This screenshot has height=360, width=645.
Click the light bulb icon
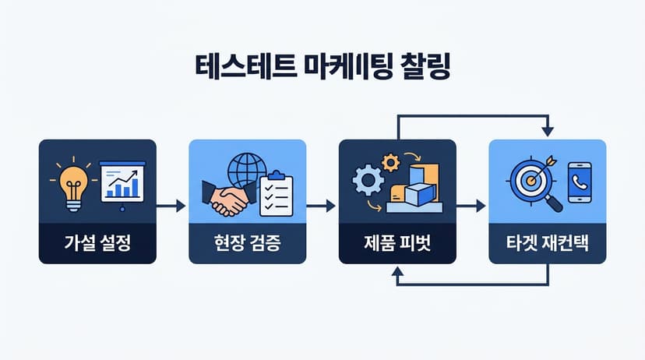tap(74, 187)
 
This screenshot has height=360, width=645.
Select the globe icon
tap(247, 171)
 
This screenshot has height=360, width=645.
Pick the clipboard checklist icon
tap(277, 194)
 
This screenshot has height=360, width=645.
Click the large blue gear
tap(368, 180)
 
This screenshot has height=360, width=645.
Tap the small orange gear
tap(390, 163)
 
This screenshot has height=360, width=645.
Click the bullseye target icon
tap(531, 179)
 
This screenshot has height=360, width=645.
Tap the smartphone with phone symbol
tap(580, 182)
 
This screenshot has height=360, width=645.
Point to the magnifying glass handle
tap(555, 204)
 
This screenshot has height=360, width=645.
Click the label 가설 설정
tap(97, 242)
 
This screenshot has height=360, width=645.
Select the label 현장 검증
tap(247, 242)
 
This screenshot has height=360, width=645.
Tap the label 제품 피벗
tap(397, 242)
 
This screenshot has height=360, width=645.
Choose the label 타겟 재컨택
tap(547, 243)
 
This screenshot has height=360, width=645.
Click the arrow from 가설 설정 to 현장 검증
tap(171, 206)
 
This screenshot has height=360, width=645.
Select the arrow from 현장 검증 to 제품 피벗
tap(321, 206)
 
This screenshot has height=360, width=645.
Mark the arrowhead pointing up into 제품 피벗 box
tap(397, 270)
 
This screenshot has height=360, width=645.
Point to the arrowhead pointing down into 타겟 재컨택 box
tap(548, 132)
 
